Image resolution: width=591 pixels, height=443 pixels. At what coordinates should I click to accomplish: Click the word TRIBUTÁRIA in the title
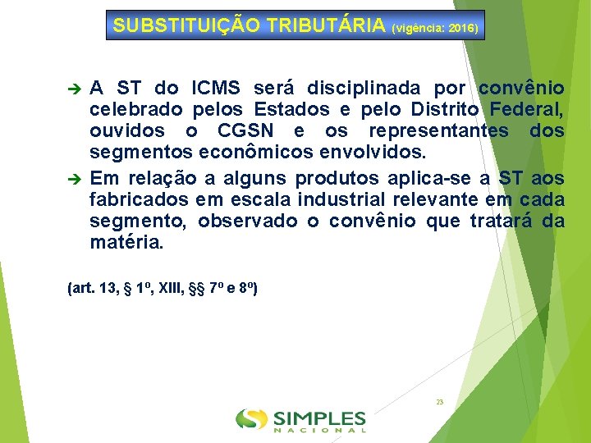332,25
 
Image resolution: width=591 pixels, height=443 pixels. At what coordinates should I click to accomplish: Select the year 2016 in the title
463,28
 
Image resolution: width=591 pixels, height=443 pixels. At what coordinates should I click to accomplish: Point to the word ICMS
216,88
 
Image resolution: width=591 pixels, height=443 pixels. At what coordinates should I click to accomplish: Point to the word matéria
127,244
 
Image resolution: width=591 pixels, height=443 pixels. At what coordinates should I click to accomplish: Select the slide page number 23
439,402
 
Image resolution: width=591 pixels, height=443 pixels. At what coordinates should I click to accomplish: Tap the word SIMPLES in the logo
319,417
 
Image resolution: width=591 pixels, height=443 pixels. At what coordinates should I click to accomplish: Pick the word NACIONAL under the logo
319,429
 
